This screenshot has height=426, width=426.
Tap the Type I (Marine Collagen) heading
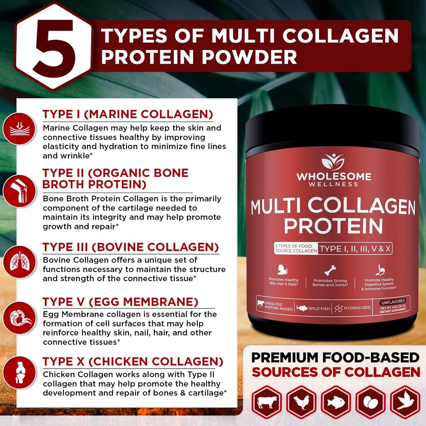point(128,114)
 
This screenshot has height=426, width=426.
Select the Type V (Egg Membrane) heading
point(120,302)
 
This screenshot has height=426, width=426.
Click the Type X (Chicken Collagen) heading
point(133,361)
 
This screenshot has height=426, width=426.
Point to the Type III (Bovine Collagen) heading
point(131,247)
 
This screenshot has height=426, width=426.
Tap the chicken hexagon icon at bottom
point(301,402)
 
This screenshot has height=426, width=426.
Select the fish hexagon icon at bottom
point(336,402)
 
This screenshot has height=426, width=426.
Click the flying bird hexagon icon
point(404,402)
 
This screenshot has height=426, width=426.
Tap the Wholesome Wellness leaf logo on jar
point(333,162)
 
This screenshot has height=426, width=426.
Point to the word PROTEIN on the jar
point(333,225)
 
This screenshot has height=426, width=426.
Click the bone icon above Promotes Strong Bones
point(330,270)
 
